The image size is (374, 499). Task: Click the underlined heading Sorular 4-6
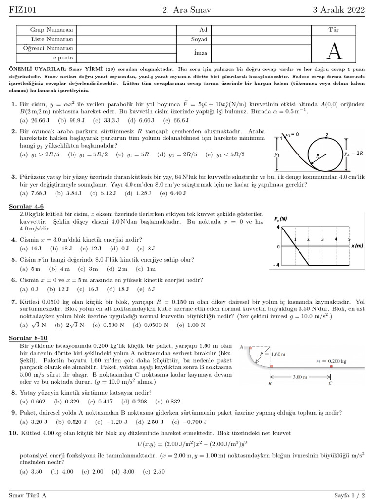27,207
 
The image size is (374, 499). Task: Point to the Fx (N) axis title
280,219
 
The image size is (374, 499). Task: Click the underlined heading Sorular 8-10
28,337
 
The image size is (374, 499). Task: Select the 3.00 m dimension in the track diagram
300,377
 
